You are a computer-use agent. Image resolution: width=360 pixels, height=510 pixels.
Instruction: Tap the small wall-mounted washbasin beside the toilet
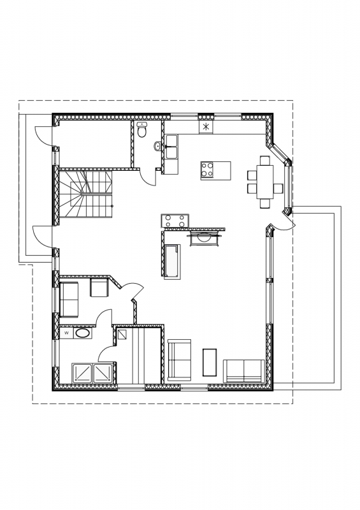(157, 147)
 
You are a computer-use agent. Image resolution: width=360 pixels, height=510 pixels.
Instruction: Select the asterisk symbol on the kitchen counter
(206, 127)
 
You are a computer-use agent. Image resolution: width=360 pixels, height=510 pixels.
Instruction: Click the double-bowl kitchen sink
(171, 147)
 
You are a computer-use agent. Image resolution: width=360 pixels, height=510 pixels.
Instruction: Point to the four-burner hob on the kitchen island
(207, 170)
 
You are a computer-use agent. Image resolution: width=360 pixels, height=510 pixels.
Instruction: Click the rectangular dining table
(265, 182)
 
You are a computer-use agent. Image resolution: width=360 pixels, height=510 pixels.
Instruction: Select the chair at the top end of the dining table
(265, 161)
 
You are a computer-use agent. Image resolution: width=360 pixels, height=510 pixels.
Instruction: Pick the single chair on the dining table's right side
(277, 188)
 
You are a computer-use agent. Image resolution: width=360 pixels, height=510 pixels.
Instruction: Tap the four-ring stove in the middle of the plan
(175, 220)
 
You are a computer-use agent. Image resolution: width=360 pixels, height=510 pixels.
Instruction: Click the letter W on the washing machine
(67, 333)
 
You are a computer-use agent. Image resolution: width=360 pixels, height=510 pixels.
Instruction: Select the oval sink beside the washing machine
(83, 333)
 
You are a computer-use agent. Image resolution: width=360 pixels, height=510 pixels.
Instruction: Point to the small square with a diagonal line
(123, 335)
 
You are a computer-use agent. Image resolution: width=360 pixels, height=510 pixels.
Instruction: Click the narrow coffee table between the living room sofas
(210, 362)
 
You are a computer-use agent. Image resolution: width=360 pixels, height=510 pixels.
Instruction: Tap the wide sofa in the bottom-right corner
(243, 371)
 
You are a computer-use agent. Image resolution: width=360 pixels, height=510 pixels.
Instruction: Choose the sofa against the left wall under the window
(69, 299)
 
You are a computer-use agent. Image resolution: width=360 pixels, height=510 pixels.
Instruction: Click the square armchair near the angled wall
(99, 288)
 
